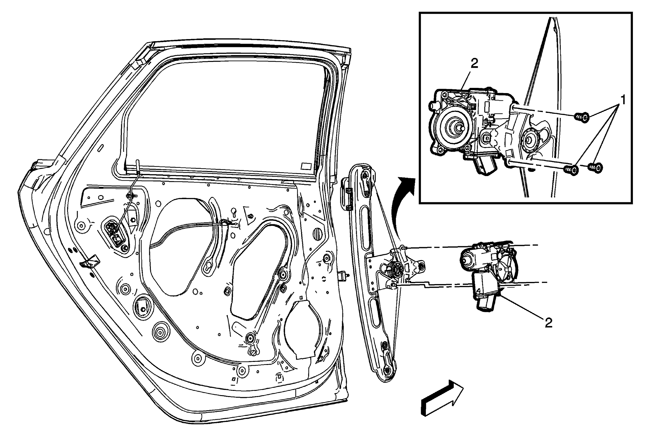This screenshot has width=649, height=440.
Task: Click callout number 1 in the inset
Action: click(x=623, y=100)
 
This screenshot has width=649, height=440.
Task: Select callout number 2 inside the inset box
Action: click(x=474, y=64)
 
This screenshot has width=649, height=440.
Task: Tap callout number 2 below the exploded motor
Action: click(x=548, y=323)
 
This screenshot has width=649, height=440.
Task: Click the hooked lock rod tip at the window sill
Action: click(x=138, y=165)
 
